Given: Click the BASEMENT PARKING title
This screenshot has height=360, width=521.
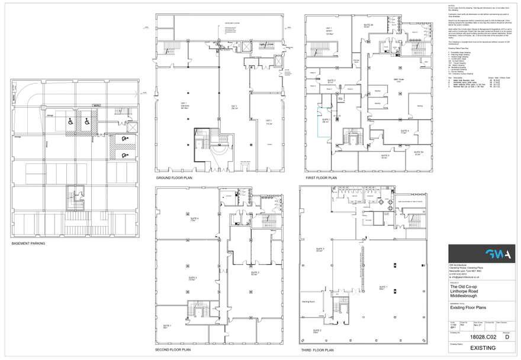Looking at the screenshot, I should coord(28,243).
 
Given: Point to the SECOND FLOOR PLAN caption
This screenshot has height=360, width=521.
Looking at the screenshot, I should coord(173,349).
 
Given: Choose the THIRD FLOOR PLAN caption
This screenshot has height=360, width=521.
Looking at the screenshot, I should coord(318,349).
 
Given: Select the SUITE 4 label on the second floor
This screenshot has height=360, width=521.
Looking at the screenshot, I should coord(194,219).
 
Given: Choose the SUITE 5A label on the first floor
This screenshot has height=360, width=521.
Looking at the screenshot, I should coord(417,152).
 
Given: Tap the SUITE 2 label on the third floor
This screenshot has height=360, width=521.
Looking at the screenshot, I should coord(319,330).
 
